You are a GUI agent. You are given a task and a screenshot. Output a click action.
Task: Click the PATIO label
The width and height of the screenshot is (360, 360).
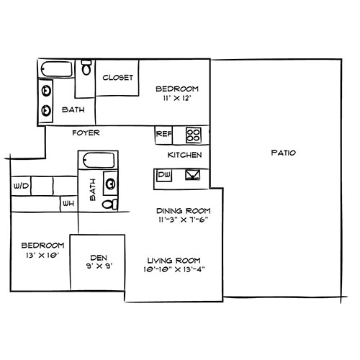284,153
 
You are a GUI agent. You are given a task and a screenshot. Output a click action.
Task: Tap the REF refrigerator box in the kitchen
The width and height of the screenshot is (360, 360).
163,133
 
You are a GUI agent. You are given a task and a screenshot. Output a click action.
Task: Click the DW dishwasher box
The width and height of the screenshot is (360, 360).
163,174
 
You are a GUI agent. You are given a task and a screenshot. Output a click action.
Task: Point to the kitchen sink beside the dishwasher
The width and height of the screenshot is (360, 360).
193,174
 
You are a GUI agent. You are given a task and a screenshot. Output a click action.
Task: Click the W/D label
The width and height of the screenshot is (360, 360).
20,186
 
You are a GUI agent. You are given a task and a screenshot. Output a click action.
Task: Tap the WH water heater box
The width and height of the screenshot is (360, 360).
69,204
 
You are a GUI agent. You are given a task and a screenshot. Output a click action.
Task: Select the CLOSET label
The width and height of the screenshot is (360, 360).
118,78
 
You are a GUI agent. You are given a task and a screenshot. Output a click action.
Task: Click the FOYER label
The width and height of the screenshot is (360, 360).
85,133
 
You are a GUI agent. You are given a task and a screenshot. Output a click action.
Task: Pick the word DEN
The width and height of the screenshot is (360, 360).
99,257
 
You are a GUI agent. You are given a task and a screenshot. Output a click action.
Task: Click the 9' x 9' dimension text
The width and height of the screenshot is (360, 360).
99,266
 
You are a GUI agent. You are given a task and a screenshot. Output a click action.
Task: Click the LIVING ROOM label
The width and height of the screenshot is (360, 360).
174,260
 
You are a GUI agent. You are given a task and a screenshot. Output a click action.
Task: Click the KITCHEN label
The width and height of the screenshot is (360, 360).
184,155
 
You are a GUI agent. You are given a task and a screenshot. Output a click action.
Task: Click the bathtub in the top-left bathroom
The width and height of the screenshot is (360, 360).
56,71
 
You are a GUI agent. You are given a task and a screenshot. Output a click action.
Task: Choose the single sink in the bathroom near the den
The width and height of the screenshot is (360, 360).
111,182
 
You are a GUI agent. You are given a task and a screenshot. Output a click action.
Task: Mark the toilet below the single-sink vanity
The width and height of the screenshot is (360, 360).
109,204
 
